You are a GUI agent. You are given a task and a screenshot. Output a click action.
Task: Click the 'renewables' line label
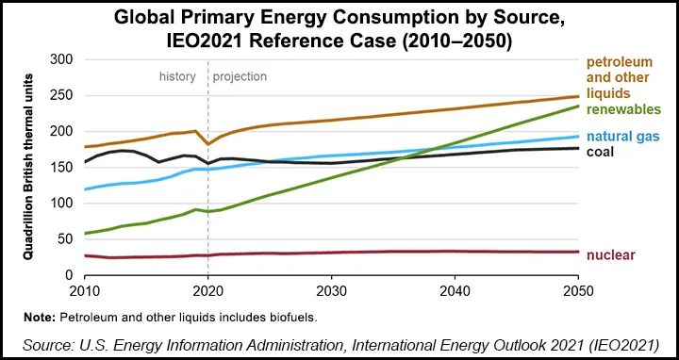coord(623,109)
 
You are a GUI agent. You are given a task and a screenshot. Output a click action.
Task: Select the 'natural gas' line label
coord(623,136)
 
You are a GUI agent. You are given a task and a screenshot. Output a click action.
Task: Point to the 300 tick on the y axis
coord(60,59)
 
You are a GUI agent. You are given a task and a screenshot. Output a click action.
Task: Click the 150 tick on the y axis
coord(60,167)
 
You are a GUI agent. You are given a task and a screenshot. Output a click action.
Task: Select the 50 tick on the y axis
coord(64,238)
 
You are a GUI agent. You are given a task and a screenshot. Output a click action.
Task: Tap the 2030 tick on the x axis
coord(330,287)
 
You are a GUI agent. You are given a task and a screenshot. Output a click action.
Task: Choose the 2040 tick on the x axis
coord(453,287)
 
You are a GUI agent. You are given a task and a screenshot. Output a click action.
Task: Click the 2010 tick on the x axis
coord(85,287)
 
